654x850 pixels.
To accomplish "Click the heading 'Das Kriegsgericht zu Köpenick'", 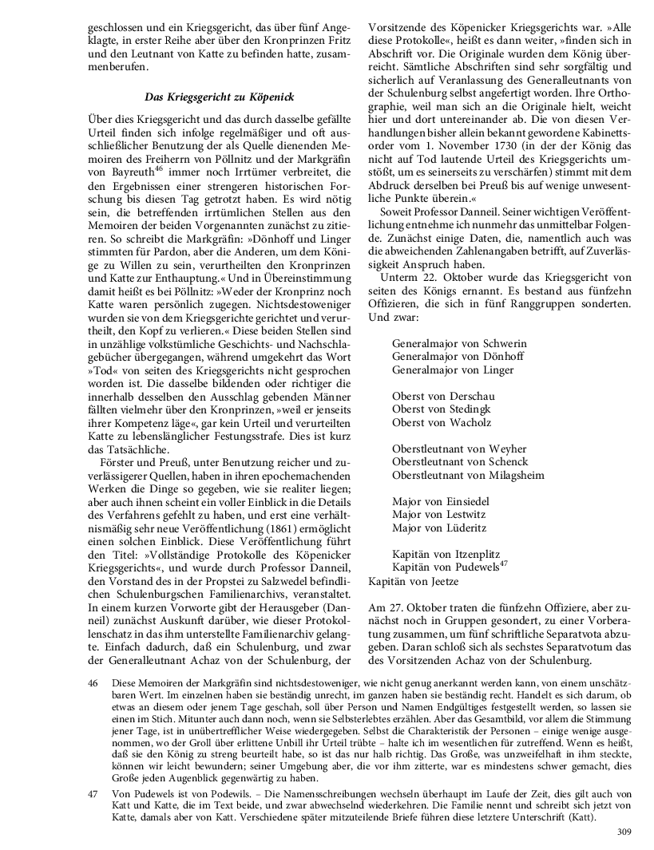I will (x=219, y=97).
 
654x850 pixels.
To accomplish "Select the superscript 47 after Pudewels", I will (x=503, y=565).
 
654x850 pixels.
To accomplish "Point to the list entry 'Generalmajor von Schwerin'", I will (x=459, y=343).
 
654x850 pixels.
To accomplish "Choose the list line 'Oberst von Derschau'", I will (x=443, y=396).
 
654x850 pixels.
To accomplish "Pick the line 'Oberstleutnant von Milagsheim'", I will (x=468, y=475).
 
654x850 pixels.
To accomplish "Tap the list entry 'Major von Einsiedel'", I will (x=441, y=501).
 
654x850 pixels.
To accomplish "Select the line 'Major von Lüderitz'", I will (x=438, y=528).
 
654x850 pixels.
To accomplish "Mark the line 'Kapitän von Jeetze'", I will (x=414, y=581).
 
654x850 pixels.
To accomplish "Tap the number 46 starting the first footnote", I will (x=93, y=683).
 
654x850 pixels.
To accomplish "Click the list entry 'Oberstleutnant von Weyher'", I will (x=459, y=449).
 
